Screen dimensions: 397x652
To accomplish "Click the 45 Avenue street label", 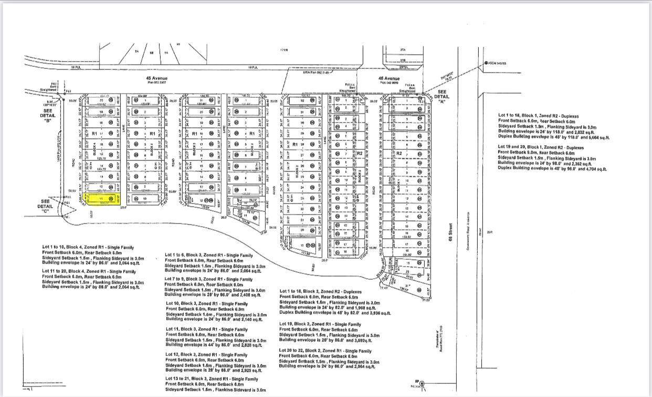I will (x=156, y=78).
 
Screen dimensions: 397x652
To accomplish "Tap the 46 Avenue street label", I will (x=388, y=79).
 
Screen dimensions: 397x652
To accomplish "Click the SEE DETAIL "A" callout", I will (x=443, y=96).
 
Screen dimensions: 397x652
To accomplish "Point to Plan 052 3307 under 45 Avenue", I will (x=156, y=83).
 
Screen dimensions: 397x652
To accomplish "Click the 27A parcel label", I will (x=403, y=50).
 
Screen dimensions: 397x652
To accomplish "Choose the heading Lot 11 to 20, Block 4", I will (x=89, y=271).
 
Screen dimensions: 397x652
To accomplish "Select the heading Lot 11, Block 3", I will (x=207, y=329).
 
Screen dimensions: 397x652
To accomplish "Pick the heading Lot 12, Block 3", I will (x=207, y=354).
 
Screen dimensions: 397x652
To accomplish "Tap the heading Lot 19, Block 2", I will (x=320, y=324).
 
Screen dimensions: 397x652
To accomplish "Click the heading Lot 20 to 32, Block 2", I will (x=325, y=351).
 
